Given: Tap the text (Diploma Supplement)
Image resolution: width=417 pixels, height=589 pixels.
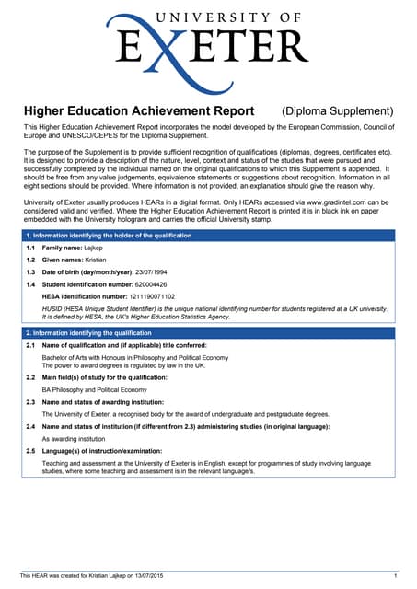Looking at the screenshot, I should pos(337,111).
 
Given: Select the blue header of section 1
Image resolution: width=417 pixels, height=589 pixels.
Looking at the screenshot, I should pos(208,236).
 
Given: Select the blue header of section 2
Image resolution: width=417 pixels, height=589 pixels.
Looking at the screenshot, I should pos(208,332).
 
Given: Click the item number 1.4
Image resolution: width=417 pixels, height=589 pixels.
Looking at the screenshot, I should pos(31,285).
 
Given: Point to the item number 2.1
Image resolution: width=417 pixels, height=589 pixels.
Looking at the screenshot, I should pos(31,345).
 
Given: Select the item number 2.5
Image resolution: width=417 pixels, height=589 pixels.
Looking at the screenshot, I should pos(31,451).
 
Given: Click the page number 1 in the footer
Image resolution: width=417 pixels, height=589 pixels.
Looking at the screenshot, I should pos(394,575).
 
